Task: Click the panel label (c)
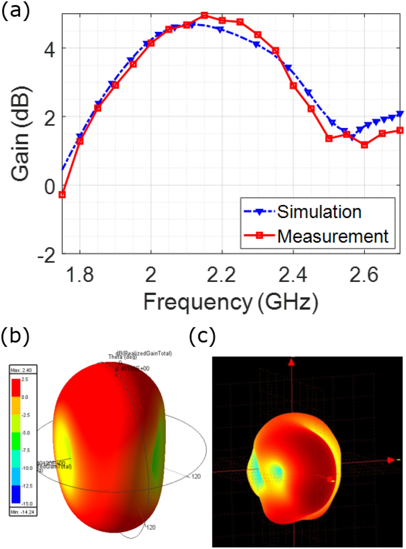[204, 335]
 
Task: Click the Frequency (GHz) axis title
[230, 302]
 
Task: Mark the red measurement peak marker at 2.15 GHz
[204, 15]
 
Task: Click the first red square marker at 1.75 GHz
[62, 195]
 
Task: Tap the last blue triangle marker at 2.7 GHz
[400, 113]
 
